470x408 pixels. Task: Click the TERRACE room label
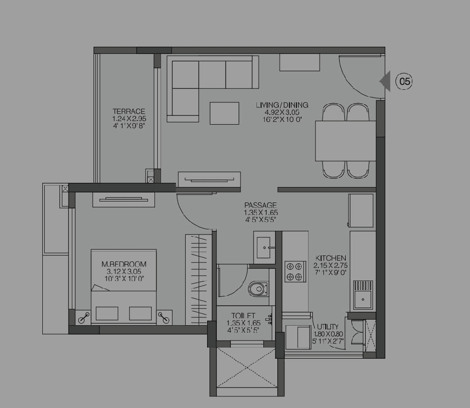pyautogui.click(x=129, y=112)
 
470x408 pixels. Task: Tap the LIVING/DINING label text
pyautogui.click(x=282, y=105)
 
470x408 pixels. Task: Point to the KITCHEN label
pyautogui.click(x=331, y=258)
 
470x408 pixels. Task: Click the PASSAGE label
pyautogui.click(x=261, y=205)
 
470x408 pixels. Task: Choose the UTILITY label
pyautogui.click(x=329, y=327)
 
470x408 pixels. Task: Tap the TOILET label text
pyautogui.click(x=242, y=315)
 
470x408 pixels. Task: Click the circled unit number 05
pyautogui.click(x=404, y=81)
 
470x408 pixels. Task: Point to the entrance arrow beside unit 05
pyautogui.click(x=385, y=81)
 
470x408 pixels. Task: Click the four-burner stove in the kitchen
pyautogui.click(x=295, y=272)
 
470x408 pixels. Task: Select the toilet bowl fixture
pyautogui.click(x=258, y=289)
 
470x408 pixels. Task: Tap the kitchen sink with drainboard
pyautogui.click(x=363, y=295)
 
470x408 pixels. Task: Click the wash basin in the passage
pyautogui.click(x=264, y=247)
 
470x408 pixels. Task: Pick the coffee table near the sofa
pyautogui.click(x=224, y=113)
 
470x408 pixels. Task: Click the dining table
pyautogui.click(x=345, y=140)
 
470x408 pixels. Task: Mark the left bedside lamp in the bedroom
pyautogui.click(x=84, y=317)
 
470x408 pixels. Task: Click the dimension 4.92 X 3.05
pyautogui.click(x=282, y=112)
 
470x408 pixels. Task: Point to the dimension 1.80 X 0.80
pyautogui.click(x=329, y=333)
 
